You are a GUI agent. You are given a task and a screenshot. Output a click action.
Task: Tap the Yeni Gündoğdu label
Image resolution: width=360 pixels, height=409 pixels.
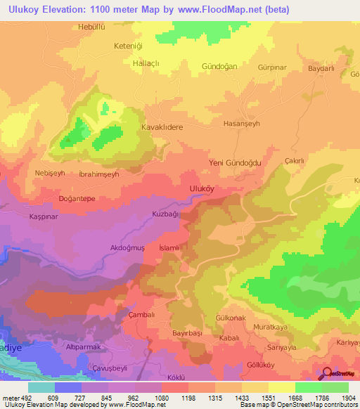tap(236, 162)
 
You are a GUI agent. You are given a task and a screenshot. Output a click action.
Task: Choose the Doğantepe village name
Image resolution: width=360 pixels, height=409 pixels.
tap(77, 199)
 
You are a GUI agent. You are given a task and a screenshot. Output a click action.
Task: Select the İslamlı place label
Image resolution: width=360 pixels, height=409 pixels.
tap(171, 248)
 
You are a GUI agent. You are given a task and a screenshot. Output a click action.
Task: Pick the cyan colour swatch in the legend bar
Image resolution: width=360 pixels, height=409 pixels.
tap(41, 387)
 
